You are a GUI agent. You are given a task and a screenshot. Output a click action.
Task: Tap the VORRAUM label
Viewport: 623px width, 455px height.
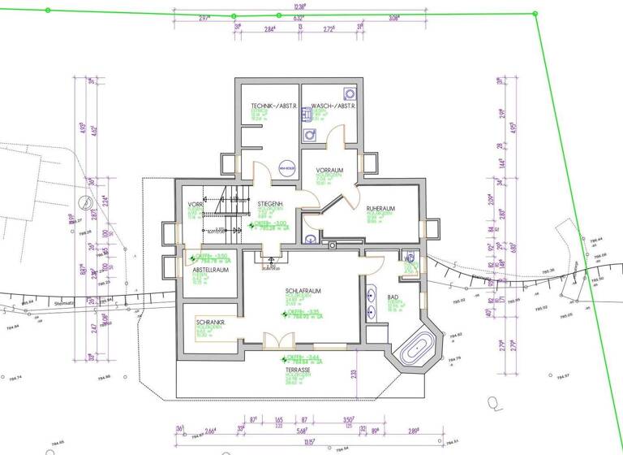pyautogui.click(x=330, y=170)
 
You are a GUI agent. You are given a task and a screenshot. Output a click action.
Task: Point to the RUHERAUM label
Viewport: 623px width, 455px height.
pyautogui.click(x=380, y=209)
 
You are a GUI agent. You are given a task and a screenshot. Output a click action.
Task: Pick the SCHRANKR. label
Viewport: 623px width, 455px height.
pyautogui.click(x=210, y=323)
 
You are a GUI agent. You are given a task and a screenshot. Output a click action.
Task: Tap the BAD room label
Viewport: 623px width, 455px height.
pyautogui.click(x=393, y=298)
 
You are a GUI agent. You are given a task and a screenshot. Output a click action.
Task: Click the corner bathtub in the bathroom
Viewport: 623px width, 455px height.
pyautogui.click(x=415, y=348)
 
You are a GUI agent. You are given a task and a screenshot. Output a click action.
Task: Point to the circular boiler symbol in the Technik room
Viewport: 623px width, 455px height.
pyautogui.click(x=285, y=168)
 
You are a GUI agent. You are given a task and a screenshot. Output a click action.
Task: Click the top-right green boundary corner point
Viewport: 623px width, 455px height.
pyautogui.click(x=535, y=12)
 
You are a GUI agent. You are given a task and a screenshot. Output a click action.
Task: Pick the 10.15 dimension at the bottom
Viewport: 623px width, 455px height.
pyautogui.click(x=309, y=443)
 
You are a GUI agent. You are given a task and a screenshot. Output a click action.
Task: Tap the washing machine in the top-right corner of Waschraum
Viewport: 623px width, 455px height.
pyautogui.click(x=349, y=93)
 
